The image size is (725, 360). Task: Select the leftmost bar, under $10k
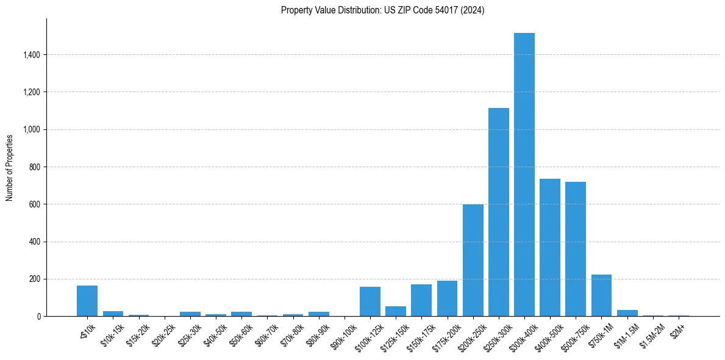pos(87,301)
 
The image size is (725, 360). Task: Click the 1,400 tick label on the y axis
pos(31,55)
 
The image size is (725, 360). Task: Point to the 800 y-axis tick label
pos(35,167)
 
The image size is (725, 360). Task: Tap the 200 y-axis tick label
pos(35,279)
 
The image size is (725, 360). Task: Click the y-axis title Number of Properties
pos(10,167)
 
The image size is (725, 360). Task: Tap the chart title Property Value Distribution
pos(382,10)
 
